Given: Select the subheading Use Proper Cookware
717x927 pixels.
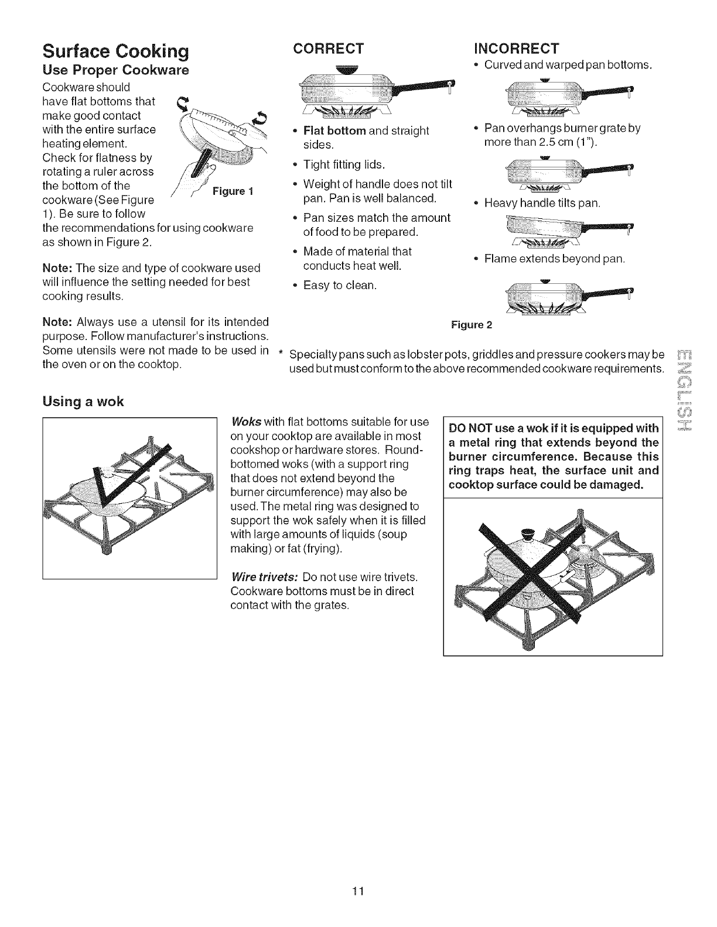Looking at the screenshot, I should [115, 71].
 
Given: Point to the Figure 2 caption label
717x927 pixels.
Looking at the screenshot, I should [472, 325].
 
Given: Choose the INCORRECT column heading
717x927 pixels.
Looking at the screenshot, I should [516, 47].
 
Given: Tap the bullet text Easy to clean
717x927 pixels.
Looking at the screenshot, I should [340, 286].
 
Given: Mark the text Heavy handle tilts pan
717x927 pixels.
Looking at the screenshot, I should [542, 204].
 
